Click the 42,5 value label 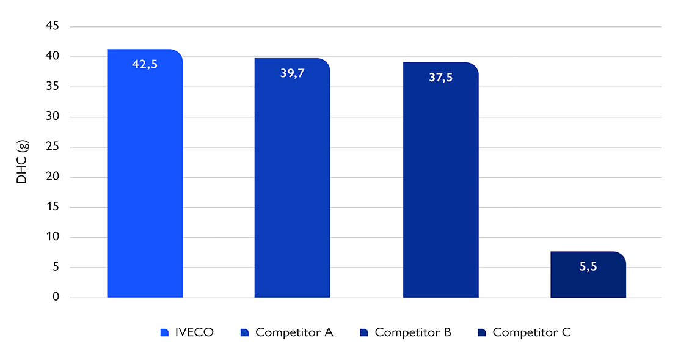(x=145, y=64)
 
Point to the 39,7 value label (x=292, y=73)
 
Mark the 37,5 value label (x=440, y=78)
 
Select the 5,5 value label (x=588, y=267)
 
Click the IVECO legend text (x=194, y=332)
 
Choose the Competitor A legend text (x=294, y=332)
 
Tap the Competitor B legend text (x=413, y=332)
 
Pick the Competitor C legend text (x=531, y=332)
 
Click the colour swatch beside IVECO (x=164, y=332)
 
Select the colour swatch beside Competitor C (x=481, y=332)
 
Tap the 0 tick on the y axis (x=56, y=298)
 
